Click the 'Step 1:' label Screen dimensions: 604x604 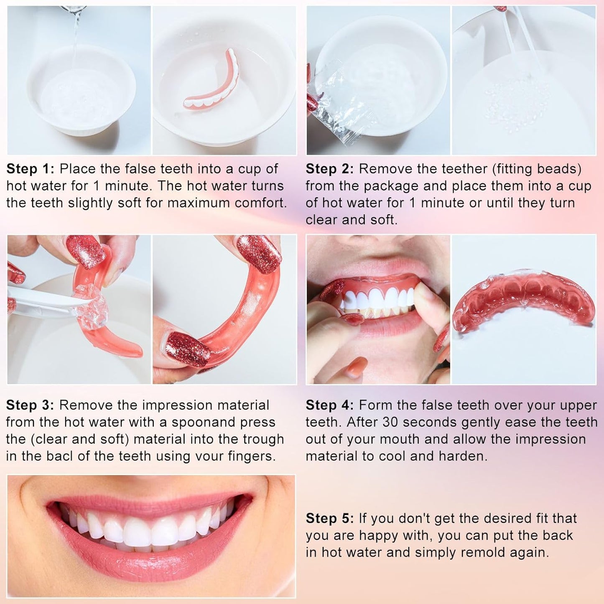(31, 169)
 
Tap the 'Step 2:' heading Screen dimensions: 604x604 (330, 169)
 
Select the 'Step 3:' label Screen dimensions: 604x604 (30, 405)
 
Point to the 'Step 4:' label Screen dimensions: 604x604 (330, 405)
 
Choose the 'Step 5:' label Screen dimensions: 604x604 (330, 518)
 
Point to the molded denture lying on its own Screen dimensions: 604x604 (523, 301)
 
